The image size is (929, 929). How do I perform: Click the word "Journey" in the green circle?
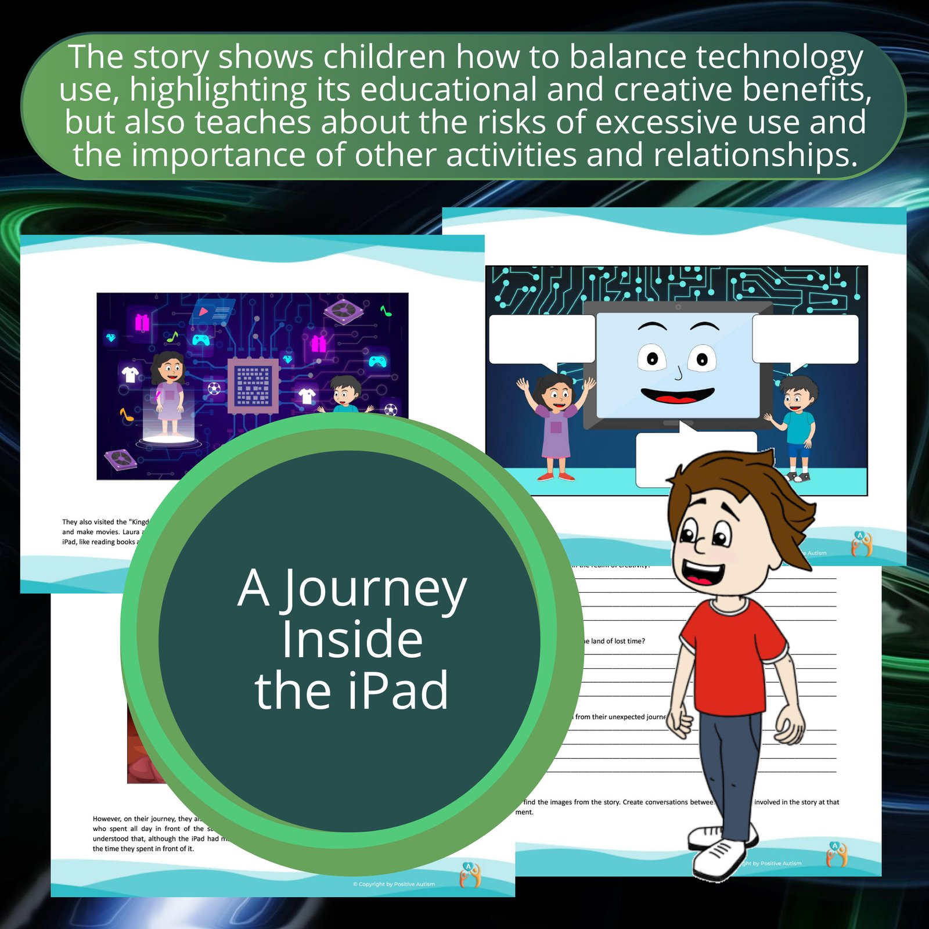(375, 589)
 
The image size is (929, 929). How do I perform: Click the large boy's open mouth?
(703, 572)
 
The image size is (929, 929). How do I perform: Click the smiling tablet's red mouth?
(678, 397)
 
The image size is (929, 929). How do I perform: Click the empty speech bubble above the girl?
(541, 340)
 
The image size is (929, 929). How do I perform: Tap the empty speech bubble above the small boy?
(805, 340)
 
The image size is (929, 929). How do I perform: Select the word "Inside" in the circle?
(352, 640)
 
